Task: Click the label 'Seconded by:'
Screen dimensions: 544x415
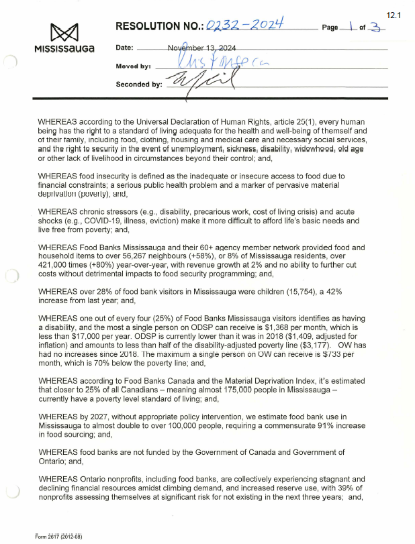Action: pyautogui.click(x=139, y=85)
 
